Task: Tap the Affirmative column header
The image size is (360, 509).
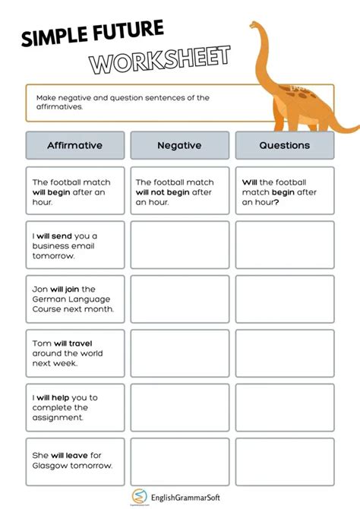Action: (x=74, y=145)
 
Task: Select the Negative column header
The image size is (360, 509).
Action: (x=179, y=145)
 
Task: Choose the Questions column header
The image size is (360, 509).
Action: (x=284, y=145)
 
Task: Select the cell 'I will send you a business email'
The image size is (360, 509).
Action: (x=74, y=245)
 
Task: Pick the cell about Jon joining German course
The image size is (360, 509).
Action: (x=74, y=299)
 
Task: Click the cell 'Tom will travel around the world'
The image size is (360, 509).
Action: (x=74, y=353)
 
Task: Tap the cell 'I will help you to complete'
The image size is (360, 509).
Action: (x=74, y=407)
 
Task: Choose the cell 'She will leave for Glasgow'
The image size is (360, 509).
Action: (x=74, y=461)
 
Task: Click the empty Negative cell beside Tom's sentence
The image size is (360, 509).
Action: (x=179, y=353)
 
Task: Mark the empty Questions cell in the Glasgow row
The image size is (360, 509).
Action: (x=284, y=461)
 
